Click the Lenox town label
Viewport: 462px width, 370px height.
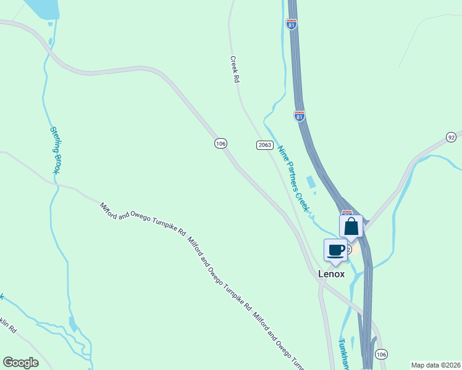(330, 273)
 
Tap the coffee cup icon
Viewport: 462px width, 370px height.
(335, 250)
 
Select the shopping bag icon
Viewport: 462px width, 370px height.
(351, 226)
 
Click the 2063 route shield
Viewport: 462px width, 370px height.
(264, 144)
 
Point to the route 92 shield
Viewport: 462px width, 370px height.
(451, 136)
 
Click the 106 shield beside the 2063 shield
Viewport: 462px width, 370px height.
(220, 143)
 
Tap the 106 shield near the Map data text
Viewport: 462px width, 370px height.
(382, 354)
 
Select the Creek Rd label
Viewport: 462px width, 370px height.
(235, 70)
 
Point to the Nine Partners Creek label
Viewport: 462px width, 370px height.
(292, 175)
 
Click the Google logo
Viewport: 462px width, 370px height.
(20, 363)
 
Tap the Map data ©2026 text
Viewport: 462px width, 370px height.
(435, 365)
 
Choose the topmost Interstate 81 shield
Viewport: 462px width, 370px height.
(292, 24)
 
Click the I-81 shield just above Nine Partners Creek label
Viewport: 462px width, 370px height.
(300, 116)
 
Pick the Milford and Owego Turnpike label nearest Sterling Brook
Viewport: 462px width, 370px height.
(143, 219)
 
